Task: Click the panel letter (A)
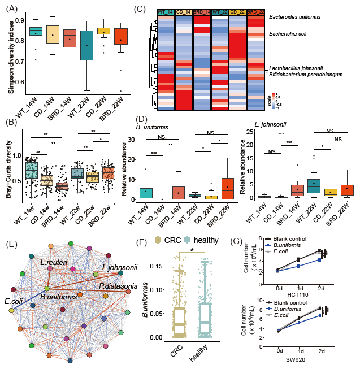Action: (x=10, y=7)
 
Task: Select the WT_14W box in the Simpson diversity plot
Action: (x=36, y=32)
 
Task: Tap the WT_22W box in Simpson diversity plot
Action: (x=86, y=45)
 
